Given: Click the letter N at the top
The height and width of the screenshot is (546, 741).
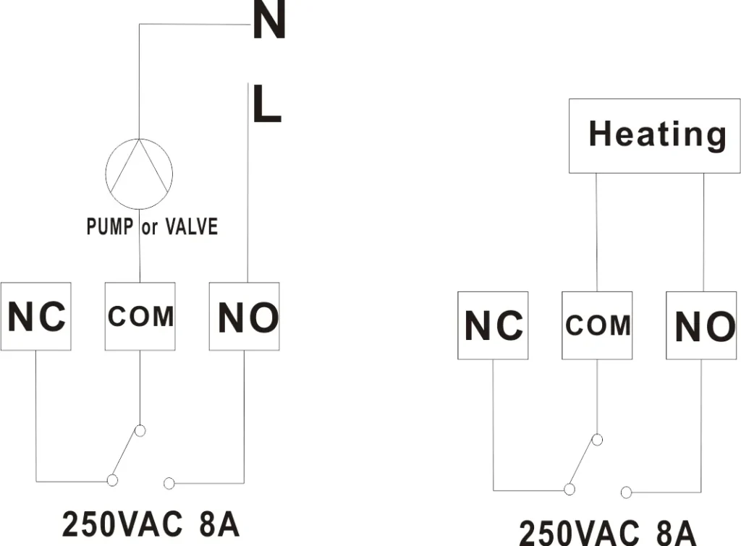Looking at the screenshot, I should click(269, 22).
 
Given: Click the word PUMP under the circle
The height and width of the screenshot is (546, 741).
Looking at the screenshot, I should click(109, 226).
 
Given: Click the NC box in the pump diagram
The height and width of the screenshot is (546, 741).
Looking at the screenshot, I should click(35, 317).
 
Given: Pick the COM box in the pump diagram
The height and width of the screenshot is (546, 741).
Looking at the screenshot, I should click(140, 317).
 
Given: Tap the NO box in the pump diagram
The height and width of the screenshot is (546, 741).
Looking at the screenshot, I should click(245, 317).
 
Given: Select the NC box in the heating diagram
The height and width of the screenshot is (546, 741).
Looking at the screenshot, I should click(493, 325).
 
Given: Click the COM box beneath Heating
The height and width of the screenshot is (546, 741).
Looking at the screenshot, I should click(597, 325).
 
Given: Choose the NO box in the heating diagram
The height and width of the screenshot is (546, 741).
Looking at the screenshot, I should click(701, 326).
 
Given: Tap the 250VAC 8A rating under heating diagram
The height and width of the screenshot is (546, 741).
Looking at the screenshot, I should click(608, 532).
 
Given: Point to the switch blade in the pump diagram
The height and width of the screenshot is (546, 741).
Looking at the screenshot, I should click(126, 455).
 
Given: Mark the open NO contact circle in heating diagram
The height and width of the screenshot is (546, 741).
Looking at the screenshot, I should click(627, 492).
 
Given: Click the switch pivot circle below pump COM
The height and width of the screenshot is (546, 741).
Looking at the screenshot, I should click(140, 431).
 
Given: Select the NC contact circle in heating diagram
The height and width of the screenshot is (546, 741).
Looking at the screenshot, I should click(569, 490).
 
